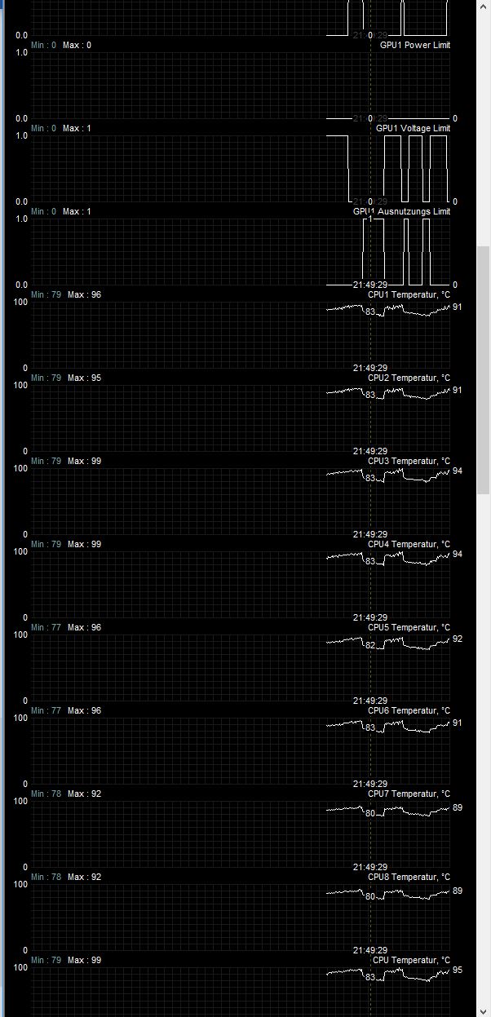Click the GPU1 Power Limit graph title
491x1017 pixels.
414,45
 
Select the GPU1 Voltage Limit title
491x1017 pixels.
413,128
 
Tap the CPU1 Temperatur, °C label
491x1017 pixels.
409,294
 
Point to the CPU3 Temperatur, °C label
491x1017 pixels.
409,461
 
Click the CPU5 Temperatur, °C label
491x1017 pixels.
409,627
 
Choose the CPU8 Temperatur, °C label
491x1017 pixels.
409,877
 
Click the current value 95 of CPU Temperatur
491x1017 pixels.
457,971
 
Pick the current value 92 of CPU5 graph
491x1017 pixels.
457,639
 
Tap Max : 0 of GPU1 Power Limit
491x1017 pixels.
77,45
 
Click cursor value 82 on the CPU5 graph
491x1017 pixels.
370,645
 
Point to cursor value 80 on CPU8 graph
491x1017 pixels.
370,896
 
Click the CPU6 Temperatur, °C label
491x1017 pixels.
409,710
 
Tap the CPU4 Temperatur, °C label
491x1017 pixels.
409,544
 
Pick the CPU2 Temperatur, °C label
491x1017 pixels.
409,378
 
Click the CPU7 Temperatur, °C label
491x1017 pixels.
409,794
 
